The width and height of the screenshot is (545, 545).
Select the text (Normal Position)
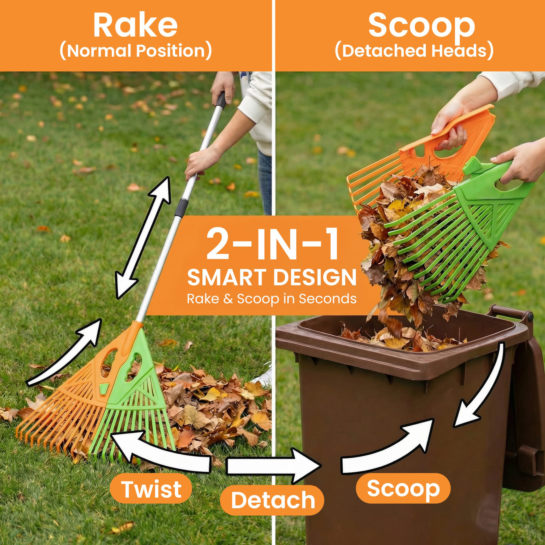[136, 51]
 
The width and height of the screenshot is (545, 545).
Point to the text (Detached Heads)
[414, 51]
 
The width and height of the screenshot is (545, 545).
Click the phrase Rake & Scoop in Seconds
[272, 299]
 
